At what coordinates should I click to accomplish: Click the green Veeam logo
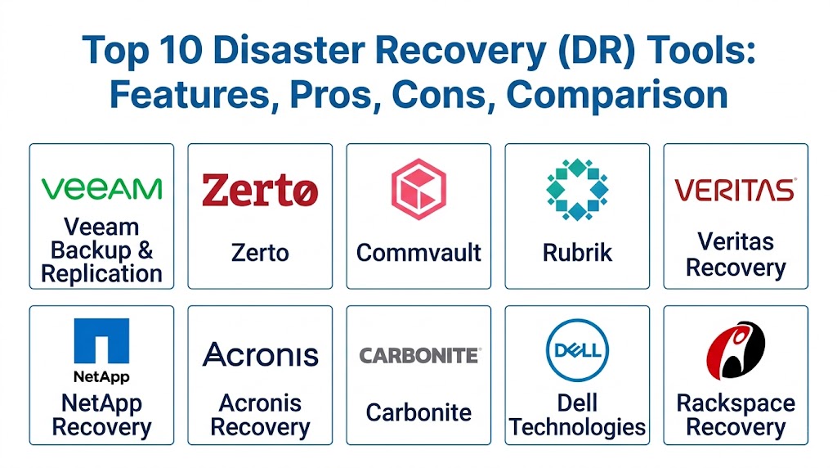click(x=101, y=188)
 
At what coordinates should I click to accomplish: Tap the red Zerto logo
click(x=260, y=190)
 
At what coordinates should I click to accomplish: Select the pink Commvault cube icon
click(x=418, y=188)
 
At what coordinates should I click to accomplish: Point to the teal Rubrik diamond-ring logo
click(x=577, y=189)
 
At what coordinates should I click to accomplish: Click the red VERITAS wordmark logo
click(x=735, y=190)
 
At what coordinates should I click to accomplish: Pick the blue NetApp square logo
click(x=101, y=341)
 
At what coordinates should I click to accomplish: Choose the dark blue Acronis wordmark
click(x=260, y=354)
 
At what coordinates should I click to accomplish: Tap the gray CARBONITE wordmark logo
click(x=419, y=355)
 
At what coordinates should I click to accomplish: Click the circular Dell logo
click(x=577, y=350)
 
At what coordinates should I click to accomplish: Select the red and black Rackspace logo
click(x=736, y=350)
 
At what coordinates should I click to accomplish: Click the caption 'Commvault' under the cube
click(x=418, y=253)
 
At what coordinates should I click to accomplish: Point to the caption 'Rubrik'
click(x=577, y=253)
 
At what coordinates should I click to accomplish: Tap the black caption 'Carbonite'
click(x=418, y=412)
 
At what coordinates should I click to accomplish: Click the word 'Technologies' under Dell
click(x=577, y=427)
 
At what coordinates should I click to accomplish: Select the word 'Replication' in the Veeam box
click(x=101, y=274)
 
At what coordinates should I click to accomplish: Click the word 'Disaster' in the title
click(x=289, y=50)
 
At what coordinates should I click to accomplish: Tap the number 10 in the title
click(x=181, y=50)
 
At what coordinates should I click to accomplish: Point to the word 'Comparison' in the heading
click(x=616, y=95)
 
